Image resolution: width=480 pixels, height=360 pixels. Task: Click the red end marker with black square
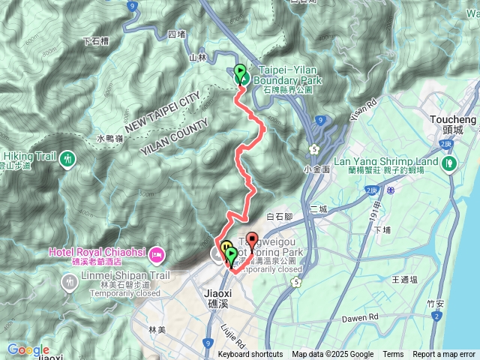[251, 241]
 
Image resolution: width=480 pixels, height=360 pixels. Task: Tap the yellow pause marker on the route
[225, 247]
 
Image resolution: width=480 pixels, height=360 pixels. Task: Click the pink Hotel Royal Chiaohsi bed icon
[156, 253]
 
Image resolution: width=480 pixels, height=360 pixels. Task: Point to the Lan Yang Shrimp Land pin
[449, 163]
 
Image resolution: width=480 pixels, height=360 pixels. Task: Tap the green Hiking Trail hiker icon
[69, 157]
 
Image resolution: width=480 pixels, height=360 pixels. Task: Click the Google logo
[28, 349]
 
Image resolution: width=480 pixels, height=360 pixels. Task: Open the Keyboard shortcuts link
[250, 355]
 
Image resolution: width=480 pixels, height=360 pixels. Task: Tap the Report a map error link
[443, 355]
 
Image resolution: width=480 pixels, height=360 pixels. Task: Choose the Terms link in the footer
[393, 355]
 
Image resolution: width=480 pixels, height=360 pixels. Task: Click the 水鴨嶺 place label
[110, 138]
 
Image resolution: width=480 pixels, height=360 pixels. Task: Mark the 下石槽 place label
[95, 40]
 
